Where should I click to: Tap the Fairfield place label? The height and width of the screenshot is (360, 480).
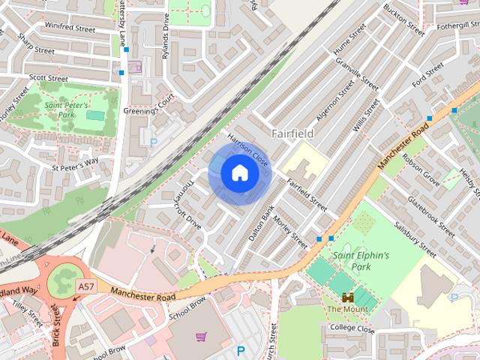click(x=292, y=133)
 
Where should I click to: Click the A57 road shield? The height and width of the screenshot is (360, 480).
click(x=85, y=286)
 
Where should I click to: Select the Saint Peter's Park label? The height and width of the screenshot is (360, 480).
click(x=70, y=110)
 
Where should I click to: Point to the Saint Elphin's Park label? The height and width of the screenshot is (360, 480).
click(x=362, y=260)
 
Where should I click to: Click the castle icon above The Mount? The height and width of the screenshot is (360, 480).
click(x=347, y=297)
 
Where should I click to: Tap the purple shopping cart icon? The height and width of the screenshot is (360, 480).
click(x=201, y=337)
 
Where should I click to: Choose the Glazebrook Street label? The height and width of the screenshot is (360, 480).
click(x=431, y=217)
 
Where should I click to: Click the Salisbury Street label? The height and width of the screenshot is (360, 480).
click(x=414, y=239)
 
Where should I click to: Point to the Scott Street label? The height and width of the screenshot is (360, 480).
click(x=48, y=78)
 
